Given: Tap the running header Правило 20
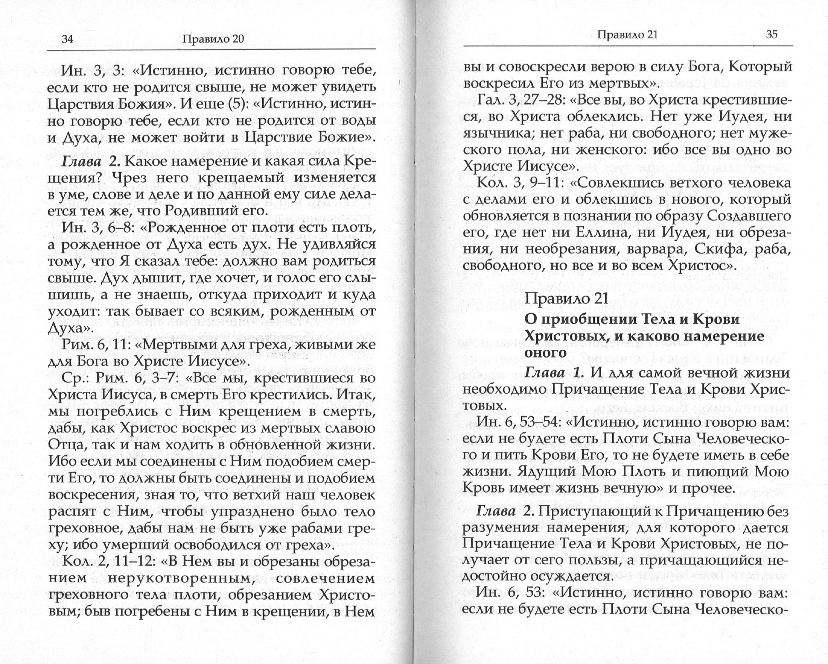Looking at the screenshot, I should point(213,39).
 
